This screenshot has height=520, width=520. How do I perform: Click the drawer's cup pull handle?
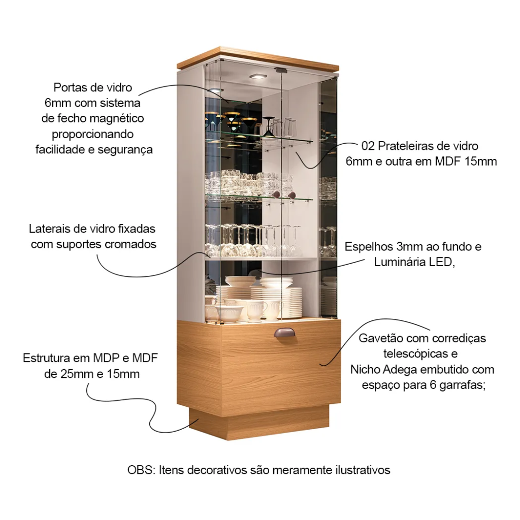[284, 332]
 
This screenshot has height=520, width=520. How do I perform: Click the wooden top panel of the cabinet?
[258, 59]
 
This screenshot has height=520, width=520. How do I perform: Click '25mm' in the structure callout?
[77, 374]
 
